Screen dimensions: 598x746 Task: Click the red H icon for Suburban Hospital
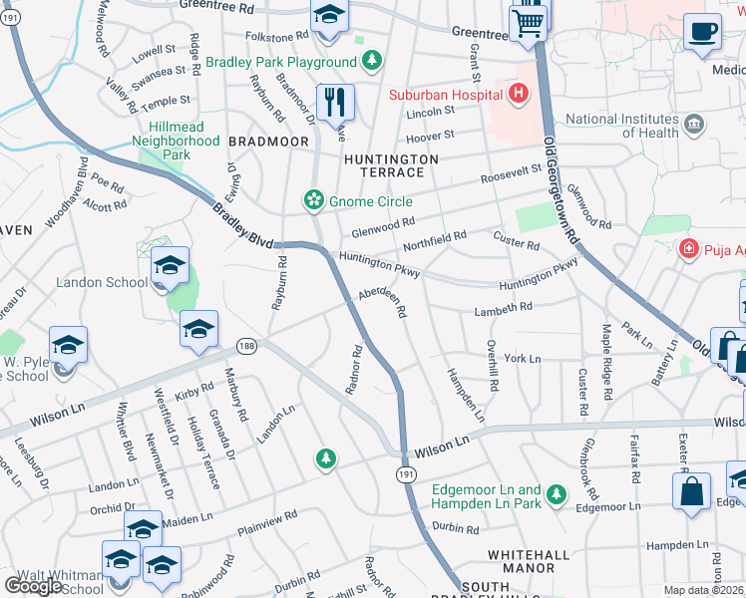click(518, 95)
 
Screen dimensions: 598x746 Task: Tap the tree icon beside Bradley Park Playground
click(371, 62)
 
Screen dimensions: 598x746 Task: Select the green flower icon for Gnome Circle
click(314, 201)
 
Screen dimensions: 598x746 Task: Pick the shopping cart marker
click(529, 20)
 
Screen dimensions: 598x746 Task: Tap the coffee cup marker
click(702, 30)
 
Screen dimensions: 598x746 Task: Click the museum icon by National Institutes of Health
click(694, 126)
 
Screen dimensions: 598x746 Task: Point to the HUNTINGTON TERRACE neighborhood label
click(391, 165)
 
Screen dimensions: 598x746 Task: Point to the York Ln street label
click(522, 358)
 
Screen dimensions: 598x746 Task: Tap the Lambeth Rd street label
click(504, 309)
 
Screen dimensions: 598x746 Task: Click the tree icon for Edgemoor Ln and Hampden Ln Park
click(558, 494)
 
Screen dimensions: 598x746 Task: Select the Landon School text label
click(103, 282)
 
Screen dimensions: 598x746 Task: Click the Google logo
click(33, 586)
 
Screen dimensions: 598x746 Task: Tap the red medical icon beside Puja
click(686, 248)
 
